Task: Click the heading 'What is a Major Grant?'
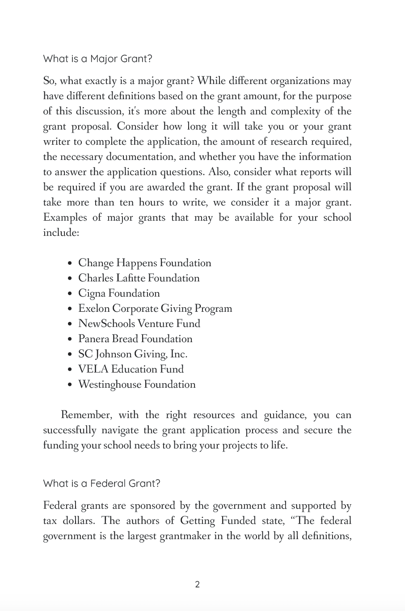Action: (97, 59)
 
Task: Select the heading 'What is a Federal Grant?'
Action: (101, 483)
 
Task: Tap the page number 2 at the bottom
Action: (198, 584)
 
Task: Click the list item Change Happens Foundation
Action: (144, 263)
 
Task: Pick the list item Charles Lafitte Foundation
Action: (139, 278)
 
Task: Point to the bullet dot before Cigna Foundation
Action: (70, 294)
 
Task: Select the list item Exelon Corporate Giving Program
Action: (155, 309)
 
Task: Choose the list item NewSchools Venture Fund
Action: (139, 324)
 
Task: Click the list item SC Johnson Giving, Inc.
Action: (132, 354)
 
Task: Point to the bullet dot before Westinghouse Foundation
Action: (70, 385)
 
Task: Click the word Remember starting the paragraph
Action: (85, 415)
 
